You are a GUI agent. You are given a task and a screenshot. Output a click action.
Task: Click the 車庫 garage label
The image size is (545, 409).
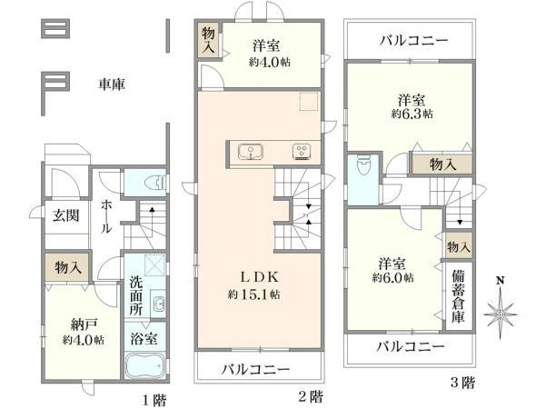tap(111, 85)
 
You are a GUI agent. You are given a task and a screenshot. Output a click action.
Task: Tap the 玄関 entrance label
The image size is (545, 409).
tap(66, 216)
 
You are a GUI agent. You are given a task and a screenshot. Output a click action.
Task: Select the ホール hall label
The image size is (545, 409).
tap(106, 216)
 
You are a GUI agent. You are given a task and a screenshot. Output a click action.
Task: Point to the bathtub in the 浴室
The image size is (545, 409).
tap(145, 366)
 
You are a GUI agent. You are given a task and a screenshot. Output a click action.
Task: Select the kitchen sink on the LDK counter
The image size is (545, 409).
tap(251, 153)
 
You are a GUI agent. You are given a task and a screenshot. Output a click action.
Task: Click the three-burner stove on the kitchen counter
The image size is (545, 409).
tap(302, 152)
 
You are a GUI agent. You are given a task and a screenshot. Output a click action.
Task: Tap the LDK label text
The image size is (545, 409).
tap(260, 277)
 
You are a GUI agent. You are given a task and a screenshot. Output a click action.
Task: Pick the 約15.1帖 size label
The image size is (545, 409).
tap(254, 294)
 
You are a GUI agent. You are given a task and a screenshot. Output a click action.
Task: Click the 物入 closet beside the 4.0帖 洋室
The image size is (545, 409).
tap(209, 40)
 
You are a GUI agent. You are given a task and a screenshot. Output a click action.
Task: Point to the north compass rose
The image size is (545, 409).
tap(500, 310)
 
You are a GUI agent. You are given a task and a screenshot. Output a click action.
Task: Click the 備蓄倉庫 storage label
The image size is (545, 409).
tap(459, 296)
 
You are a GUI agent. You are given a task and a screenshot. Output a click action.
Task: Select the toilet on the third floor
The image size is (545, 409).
tap(364, 165)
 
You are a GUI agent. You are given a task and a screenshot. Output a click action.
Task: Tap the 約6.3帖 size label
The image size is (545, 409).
tap(412, 115)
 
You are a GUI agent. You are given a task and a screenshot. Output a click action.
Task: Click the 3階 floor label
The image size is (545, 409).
tap(462, 383)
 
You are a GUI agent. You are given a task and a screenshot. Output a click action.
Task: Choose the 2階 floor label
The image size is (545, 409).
tap(311, 396)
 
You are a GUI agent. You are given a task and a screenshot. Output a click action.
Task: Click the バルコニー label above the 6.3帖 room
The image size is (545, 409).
tap(414, 41)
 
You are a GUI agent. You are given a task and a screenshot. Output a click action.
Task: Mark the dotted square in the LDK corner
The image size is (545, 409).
tap(309, 101)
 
